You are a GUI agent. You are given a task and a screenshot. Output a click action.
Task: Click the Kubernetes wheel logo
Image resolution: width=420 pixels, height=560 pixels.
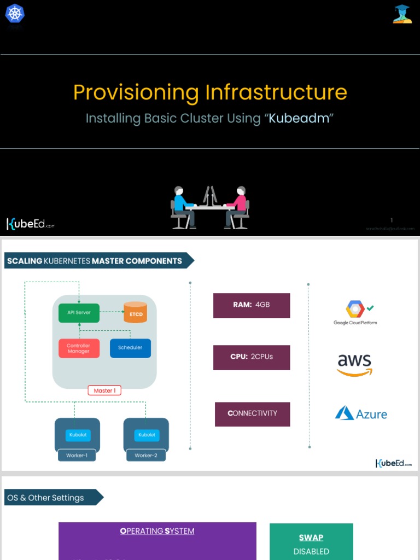click(x=15, y=13)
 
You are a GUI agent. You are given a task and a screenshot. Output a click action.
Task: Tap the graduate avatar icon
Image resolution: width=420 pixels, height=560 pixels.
click(x=402, y=14)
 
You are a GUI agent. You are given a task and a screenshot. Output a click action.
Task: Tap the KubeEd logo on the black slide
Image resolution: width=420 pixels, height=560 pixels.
click(x=31, y=224)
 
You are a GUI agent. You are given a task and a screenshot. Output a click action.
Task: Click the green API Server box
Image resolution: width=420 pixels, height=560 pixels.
click(x=79, y=313)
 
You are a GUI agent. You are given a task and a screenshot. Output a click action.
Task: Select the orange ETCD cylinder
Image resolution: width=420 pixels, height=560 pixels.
click(x=136, y=312)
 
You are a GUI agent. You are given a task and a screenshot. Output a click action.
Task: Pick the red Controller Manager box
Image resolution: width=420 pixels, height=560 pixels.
click(x=79, y=348)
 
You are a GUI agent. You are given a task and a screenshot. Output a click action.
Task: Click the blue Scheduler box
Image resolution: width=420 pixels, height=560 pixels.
click(x=130, y=348)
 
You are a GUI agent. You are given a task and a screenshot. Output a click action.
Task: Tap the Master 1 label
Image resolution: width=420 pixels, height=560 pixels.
click(x=104, y=390)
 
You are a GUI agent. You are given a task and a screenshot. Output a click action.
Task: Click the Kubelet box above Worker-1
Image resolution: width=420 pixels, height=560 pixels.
click(x=77, y=435)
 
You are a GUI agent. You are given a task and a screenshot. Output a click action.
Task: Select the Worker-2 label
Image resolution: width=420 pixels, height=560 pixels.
click(x=145, y=455)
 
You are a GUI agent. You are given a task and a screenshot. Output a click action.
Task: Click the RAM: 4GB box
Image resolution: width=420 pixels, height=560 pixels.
click(x=252, y=305)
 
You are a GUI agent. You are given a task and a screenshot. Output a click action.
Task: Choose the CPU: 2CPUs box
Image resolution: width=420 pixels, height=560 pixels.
click(x=252, y=357)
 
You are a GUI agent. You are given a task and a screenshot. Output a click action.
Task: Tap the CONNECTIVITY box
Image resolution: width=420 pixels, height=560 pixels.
click(x=252, y=414)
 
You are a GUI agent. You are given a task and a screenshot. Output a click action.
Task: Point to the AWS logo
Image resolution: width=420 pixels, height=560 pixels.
click(x=354, y=365)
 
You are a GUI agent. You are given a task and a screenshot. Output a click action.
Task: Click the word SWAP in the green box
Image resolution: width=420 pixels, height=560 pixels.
click(x=311, y=538)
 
